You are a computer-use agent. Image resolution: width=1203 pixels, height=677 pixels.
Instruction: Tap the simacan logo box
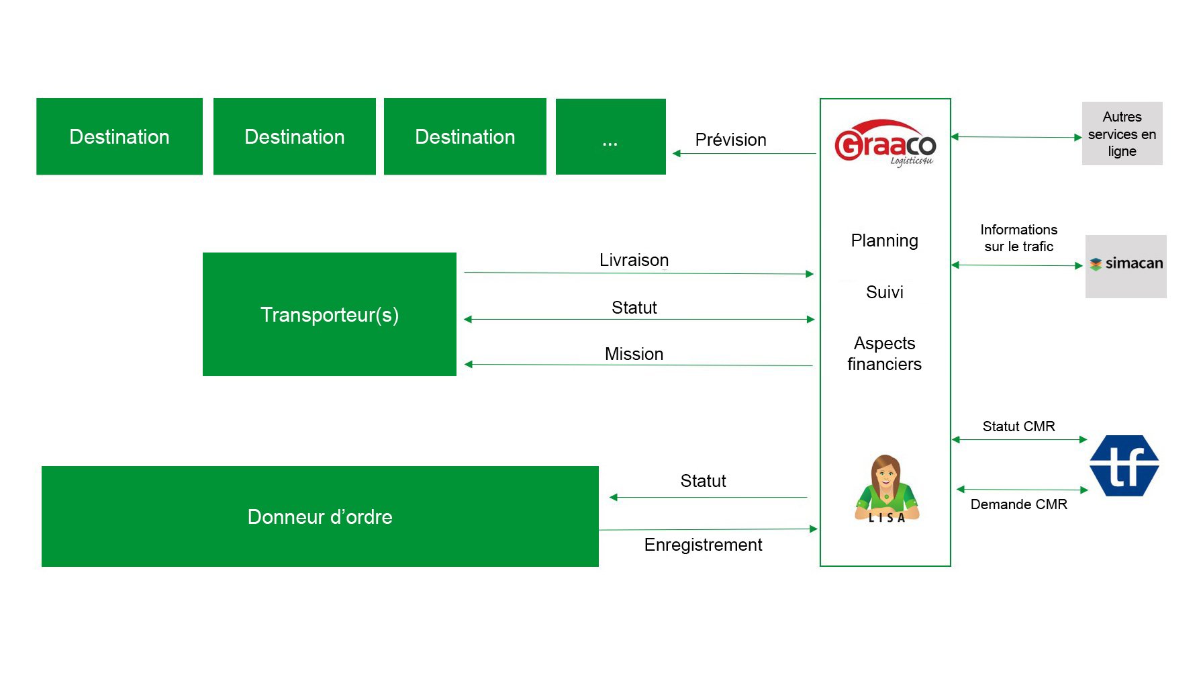coord(1126,266)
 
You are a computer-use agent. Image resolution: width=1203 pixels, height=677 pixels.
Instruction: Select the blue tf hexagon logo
coord(1124,465)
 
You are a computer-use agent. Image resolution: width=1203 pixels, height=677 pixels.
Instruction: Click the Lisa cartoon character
coord(886,489)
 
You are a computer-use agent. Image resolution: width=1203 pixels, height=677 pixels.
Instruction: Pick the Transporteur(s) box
coord(330,314)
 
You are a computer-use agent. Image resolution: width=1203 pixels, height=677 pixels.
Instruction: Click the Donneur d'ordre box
coord(320,516)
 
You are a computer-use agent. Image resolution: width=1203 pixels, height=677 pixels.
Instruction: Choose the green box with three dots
coord(611,137)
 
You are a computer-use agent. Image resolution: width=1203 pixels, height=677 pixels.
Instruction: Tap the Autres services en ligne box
coord(1122,134)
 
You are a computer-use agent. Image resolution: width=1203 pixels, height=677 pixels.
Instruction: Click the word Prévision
coord(731,140)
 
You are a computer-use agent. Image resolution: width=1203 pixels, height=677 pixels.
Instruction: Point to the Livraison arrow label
coord(634,260)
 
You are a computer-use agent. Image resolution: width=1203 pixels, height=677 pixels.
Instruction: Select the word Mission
coord(634,354)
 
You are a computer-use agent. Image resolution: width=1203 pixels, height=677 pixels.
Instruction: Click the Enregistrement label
coord(704,545)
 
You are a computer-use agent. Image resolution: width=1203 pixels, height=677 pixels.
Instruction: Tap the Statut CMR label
coord(1019,426)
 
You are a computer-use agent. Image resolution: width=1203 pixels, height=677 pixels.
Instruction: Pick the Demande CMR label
coord(1019,504)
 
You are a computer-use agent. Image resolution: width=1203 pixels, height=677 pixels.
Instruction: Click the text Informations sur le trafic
coord(1019,238)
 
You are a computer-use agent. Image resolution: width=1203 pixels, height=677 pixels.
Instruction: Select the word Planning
coord(885,241)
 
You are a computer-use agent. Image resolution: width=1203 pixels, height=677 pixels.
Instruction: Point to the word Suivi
coord(885,292)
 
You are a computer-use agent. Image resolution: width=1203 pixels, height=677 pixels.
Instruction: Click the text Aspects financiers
coord(885,353)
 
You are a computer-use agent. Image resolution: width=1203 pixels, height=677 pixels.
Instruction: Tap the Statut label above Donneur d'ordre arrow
coord(704,481)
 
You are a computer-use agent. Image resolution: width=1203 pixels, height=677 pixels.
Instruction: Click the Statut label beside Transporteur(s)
coord(634,308)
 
